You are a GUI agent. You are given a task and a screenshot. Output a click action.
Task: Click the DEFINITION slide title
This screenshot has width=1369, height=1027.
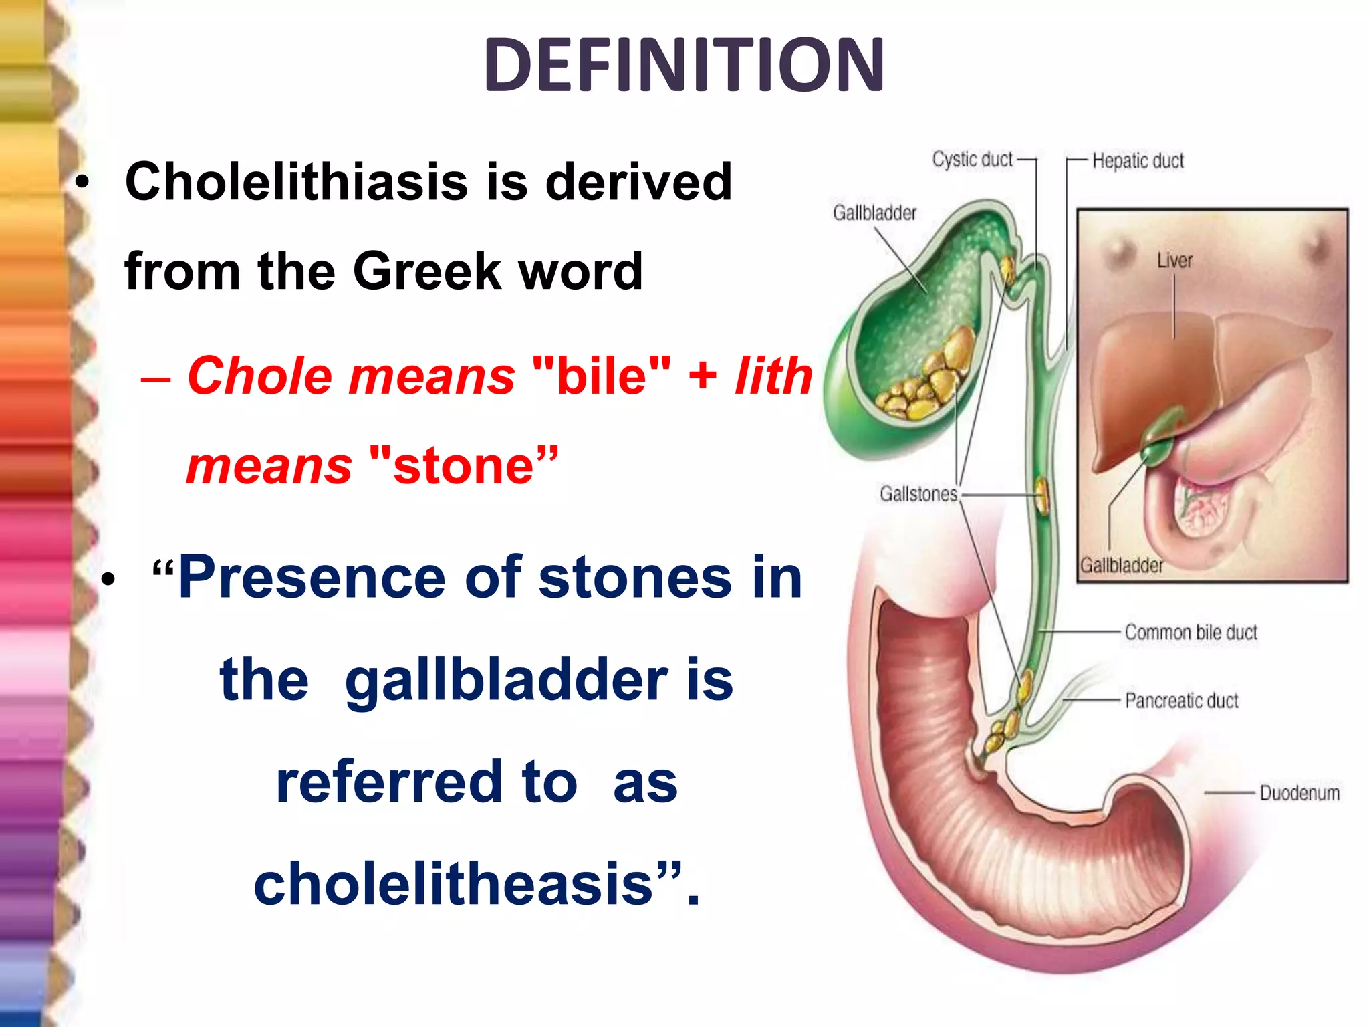coord(684,66)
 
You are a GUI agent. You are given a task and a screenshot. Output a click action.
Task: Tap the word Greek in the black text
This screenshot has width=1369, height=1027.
coord(426,271)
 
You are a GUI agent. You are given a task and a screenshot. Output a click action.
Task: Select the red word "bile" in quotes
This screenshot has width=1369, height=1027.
coord(602,376)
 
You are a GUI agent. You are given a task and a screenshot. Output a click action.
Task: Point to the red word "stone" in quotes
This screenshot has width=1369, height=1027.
coord(463,465)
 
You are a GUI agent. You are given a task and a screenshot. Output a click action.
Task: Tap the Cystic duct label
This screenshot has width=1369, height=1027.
coord(973,160)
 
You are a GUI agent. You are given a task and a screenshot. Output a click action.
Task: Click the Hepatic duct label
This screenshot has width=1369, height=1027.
coord(1138,161)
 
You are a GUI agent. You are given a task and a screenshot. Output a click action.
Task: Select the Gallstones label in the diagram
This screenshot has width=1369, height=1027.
coord(918,494)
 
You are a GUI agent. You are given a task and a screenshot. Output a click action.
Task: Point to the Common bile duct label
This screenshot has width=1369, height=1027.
coord(1191,633)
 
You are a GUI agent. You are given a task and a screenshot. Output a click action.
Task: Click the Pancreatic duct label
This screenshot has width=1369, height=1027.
coord(1181,701)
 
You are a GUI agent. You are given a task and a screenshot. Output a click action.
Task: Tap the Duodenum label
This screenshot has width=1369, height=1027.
coord(1299,794)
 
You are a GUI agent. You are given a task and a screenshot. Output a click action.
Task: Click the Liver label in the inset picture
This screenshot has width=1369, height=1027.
coord(1174,261)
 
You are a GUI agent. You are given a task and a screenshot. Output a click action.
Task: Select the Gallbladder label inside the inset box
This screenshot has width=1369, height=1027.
coord(1122,566)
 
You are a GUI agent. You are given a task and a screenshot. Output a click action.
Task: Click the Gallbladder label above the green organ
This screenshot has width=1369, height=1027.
coord(874,213)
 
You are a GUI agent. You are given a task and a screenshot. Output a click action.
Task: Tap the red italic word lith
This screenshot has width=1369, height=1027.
coord(773,376)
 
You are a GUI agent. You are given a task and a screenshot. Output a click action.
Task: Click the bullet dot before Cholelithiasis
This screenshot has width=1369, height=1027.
coord(82,182)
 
